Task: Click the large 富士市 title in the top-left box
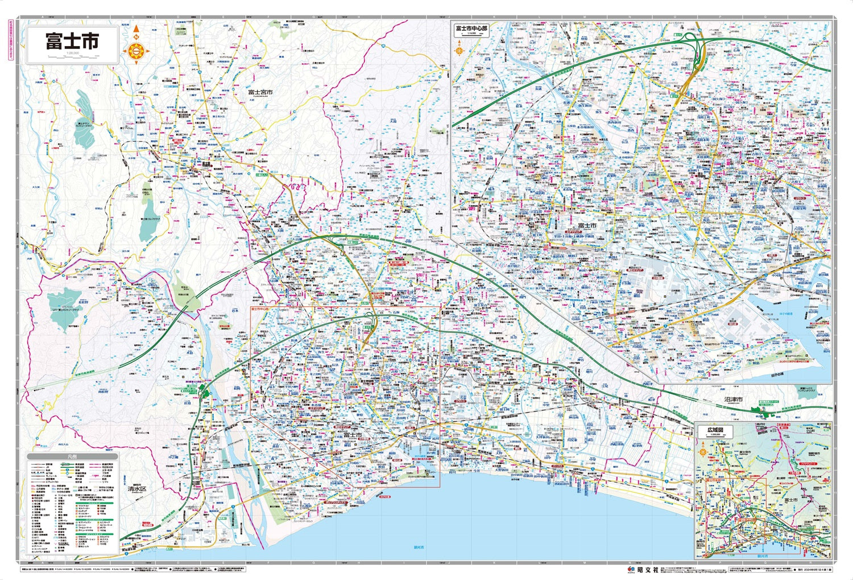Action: click(72, 40)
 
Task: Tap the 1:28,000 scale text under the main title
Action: click(73, 54)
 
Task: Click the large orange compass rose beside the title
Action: click(136, 51)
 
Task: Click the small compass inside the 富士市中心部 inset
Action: click(459, 49)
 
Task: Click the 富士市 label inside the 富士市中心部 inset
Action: click(586, 226)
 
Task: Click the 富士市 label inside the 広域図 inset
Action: click(790, 499)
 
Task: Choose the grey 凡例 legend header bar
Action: click(72, 456)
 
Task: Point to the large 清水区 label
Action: click(136, 489)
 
